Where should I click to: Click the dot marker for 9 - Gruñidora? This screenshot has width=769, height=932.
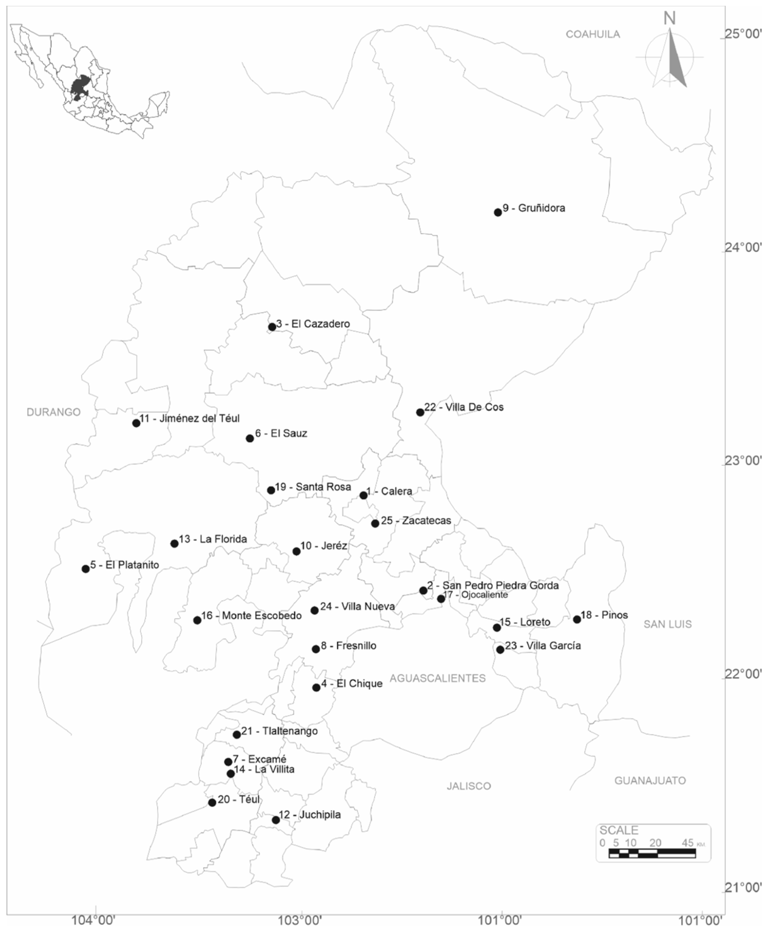coord(497,212)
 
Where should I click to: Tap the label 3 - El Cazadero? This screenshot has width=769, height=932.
coord(313,324)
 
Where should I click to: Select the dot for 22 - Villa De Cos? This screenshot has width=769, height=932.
coord(420,412)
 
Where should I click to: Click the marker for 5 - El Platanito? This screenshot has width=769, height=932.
coord(85,568)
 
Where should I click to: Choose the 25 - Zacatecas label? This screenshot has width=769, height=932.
coord(416,520)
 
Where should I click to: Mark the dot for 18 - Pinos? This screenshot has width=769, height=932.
coord(577,619)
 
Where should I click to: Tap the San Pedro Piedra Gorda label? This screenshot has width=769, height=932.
coord(493,586)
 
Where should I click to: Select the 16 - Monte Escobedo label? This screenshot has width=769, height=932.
coord(251,616)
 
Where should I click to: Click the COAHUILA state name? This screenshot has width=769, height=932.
coord(593,35)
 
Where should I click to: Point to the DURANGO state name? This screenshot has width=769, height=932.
coord(53,412)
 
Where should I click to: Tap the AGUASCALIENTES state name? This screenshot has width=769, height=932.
coord(437,678)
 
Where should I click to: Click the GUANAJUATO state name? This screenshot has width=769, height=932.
coord(649,780)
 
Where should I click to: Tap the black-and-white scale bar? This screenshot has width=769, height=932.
coord(652,853)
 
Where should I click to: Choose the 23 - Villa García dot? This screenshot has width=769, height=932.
coord(500,650)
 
